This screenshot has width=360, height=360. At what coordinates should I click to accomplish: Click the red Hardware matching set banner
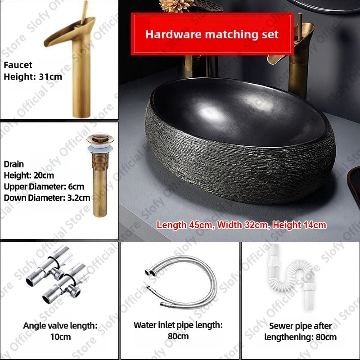212,34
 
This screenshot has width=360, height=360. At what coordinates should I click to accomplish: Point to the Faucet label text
18,65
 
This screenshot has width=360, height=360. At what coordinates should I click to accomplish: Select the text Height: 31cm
33,76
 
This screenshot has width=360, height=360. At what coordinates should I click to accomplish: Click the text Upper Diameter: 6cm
44,186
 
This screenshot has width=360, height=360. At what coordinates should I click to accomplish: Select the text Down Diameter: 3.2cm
47,197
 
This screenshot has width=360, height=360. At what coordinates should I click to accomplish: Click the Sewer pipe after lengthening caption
300,332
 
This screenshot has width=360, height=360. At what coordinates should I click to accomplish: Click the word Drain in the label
14,164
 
